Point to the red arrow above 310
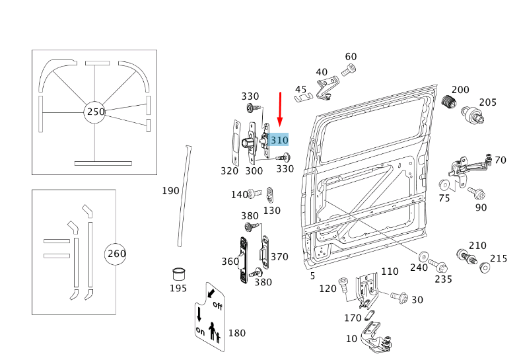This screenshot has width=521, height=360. point(281,110)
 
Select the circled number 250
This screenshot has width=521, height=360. point(96,112)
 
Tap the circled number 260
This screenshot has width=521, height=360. point(116,254)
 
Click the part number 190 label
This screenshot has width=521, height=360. point(170,191)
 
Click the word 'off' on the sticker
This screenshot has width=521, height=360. point(217,305)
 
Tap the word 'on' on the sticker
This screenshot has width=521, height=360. point(200,329)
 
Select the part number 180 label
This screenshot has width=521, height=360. point(236,332)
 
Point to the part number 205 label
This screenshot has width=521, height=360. point(487,102)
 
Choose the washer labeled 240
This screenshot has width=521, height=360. point(423,256)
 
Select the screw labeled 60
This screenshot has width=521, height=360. point(349,70)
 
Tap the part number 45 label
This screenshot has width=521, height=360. point(301,89)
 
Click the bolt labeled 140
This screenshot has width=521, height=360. point(252,194)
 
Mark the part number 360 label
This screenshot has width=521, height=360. point(230,262)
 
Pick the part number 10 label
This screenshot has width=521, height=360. point(351,339)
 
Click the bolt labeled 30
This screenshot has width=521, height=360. point(399,297)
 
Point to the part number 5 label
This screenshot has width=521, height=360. point(312,275)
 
